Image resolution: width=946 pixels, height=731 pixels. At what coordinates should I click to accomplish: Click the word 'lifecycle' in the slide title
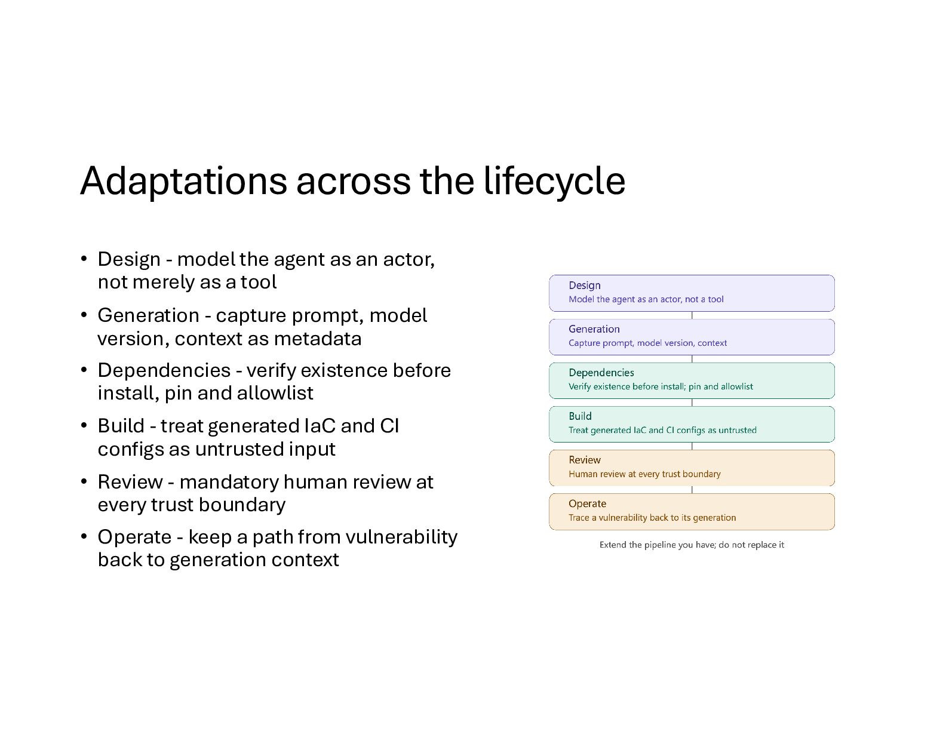click(554, 181)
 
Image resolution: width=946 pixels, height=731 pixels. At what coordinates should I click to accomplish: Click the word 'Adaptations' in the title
click(183, 181)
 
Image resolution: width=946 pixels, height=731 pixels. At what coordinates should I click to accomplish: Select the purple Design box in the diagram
click(692, 293)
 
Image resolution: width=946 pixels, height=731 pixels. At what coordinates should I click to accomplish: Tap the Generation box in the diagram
click(692, 337)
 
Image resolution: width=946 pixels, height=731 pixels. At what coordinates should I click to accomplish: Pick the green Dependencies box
click(692, 380)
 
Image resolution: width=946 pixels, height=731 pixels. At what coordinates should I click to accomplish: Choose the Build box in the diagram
click(692, 424)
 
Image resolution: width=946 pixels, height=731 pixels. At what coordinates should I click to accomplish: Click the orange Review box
click(692, 468)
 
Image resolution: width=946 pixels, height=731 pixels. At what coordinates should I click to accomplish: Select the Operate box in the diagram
click(692, 512)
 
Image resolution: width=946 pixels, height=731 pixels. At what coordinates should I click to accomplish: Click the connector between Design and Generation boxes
click(692, 315)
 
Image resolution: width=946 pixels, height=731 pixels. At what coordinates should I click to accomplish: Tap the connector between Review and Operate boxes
click(692, 490)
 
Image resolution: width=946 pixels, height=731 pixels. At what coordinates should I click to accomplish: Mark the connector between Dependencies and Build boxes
click(692, 403)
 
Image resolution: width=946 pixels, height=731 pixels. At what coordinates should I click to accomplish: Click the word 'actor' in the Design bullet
click(408, 260)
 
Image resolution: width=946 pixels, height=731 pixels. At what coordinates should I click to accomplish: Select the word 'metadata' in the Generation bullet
click(318, 339)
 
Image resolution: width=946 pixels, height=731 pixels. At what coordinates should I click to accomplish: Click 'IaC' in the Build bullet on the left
click(320, 426)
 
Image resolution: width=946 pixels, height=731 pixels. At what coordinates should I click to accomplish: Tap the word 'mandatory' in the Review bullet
click(229, 483)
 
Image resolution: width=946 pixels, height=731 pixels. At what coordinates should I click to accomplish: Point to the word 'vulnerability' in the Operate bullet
click(401, 537)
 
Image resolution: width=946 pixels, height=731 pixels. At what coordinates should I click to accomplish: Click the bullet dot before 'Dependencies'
click(84, 370)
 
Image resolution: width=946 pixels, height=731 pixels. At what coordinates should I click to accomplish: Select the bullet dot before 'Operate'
click(84, 537)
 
